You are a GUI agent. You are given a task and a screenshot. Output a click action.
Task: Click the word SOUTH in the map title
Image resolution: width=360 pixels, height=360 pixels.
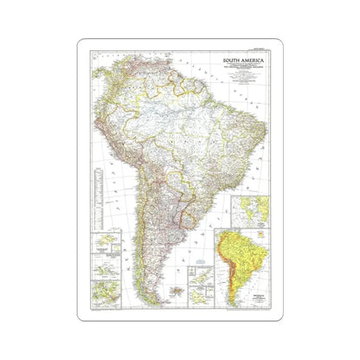coord(229,61)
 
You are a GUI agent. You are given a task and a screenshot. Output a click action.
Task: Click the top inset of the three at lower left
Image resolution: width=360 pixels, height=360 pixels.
coord(106,240)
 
